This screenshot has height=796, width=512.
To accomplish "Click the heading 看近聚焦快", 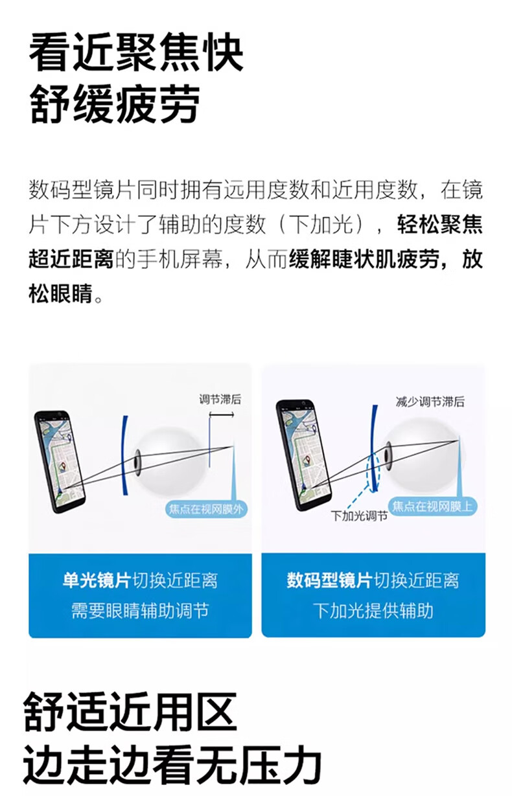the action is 136,53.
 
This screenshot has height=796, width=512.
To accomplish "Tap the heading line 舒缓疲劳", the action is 115,104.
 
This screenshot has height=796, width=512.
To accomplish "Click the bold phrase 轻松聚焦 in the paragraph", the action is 440,225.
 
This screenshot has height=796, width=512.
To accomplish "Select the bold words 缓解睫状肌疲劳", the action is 364,259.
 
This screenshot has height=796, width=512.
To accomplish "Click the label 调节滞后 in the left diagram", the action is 220,400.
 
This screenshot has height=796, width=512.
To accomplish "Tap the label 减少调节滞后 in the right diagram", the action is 430,402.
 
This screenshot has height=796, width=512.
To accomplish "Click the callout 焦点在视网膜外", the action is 206,510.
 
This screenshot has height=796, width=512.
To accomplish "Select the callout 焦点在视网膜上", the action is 433,506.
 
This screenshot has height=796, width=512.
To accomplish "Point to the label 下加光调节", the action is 359,516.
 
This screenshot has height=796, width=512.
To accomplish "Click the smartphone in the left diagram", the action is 60,462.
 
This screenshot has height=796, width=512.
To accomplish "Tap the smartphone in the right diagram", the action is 303,455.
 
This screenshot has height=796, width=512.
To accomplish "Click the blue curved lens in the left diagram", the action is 123,455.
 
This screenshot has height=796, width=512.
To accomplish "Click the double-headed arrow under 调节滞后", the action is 222,415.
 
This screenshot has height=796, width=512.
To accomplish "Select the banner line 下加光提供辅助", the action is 373,611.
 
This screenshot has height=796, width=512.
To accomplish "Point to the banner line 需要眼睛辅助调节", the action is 140,611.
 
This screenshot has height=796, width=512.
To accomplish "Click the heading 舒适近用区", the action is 130,712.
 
